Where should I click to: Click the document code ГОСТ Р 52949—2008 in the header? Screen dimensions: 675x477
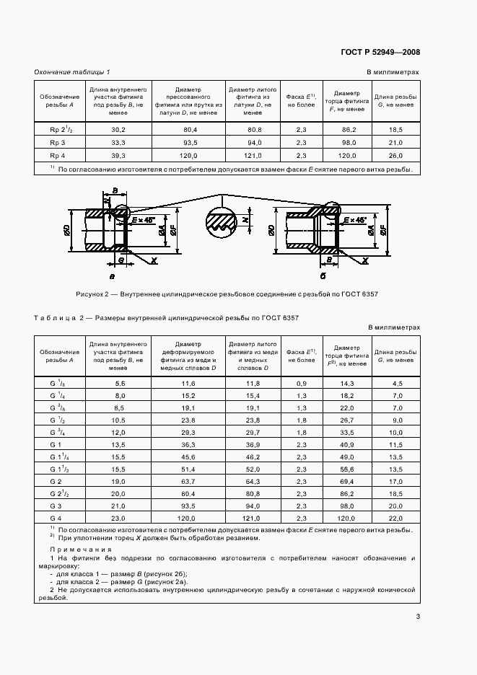[380, 52]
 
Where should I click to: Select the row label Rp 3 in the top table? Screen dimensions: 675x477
[58, 142]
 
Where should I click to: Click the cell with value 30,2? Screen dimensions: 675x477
[118, 129]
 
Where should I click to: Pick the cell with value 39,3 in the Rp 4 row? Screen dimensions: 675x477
[118, 155]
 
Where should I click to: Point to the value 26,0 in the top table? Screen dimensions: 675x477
[395, 155]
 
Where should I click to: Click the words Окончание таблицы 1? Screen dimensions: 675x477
[72, 72]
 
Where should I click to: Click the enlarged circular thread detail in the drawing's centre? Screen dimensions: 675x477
[222, 221]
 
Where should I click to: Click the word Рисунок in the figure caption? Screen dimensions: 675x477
[91, 294]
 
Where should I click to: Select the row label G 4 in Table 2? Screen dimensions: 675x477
[58, 518]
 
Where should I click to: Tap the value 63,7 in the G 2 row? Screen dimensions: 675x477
[189, 481]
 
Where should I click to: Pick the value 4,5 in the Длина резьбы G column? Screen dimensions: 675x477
[395, 383]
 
